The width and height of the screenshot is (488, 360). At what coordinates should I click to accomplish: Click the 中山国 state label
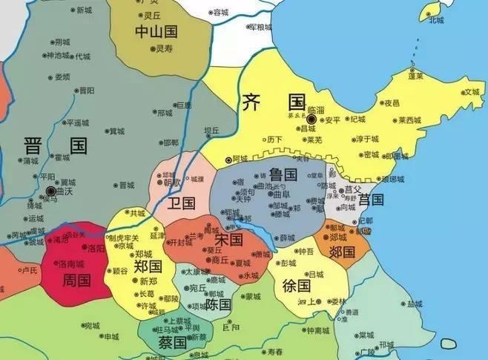(x=156, y=31)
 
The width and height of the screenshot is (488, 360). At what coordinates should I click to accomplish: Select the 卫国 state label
(x=180, y=203)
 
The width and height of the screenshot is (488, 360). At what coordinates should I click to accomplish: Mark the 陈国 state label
(x=219, y=304)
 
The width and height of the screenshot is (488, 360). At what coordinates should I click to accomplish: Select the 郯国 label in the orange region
(x=343, y=252)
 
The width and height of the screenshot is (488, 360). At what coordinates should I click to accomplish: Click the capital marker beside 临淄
(x=312, y=119)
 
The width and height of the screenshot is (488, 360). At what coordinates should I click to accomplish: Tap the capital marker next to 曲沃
(x=50, y=190)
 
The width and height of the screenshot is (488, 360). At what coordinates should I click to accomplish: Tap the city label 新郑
(x=148, y=281)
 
